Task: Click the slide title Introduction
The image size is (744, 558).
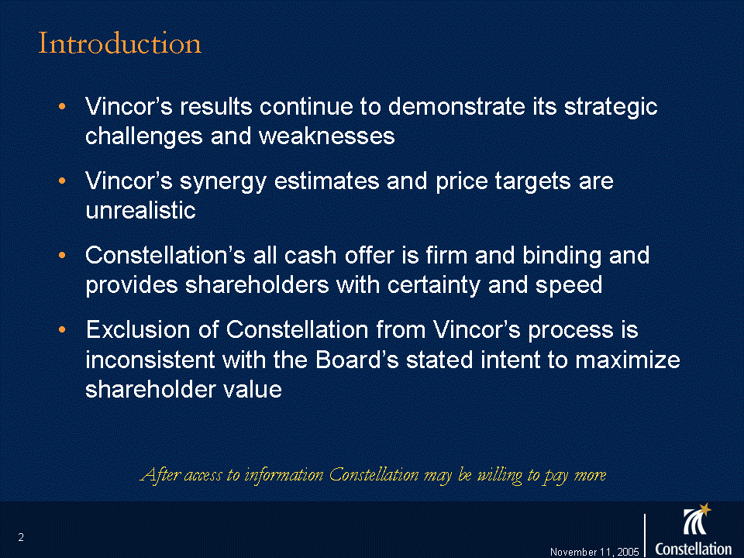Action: (x=119, y=43)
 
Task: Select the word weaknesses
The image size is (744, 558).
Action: (x=326, y=136)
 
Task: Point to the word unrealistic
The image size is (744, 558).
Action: (x=140, y=210)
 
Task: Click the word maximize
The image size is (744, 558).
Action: (x=628, y=359)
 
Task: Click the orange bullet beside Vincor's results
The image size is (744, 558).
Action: (x=62, y=107)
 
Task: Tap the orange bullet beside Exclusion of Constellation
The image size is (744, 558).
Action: (x=62, y=329)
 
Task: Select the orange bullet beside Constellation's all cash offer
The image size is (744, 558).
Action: (x=62, y=255)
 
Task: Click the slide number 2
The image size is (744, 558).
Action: (x=21, y=537)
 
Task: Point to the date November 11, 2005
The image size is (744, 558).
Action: (x=594, y=552)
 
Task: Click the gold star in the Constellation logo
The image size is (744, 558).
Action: (x=705, y=509)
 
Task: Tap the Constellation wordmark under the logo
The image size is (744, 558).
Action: (x=693, y=549)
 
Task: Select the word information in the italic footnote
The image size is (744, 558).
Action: (x=284, y=474)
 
